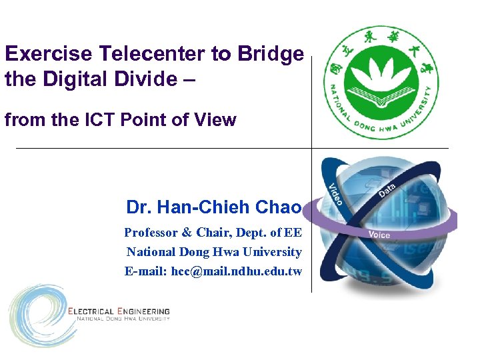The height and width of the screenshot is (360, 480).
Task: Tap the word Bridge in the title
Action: tap(271, 54)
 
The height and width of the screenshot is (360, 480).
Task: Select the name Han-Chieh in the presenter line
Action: tap(201, 207)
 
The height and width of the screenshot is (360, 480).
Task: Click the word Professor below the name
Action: tap(151, 233)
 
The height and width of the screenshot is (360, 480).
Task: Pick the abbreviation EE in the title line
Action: tap(293, 233)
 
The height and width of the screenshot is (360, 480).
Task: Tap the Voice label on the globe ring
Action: tap(379, 235)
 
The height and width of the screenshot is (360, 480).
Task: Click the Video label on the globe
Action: tap(335, 194)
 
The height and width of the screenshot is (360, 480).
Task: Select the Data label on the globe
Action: tap(387, 189)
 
